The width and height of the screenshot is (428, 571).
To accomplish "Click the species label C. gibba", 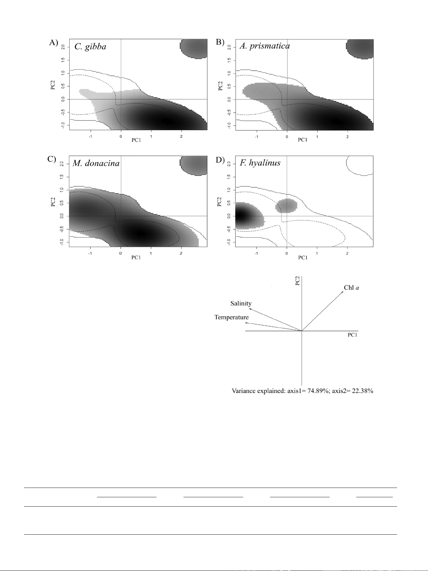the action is tap(90, 46).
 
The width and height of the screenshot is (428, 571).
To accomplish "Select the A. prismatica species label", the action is tap(265, 46).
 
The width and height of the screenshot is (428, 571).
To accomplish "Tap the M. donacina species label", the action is tap(96, 163).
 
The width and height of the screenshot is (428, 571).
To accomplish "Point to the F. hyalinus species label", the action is tap(260, 163).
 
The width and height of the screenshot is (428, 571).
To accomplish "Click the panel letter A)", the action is tap(54, 42).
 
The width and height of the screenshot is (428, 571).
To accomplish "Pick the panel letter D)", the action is tap(220, 159).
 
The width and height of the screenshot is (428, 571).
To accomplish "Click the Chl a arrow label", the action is tap(352, 287).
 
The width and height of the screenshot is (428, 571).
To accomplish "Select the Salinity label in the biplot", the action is tap(241, 303).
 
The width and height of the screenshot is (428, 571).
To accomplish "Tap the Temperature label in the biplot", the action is tap(231, 318).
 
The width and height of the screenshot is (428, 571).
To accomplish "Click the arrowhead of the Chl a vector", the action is tap(343, 292).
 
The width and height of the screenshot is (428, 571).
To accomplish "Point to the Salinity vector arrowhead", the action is tap(250, 309).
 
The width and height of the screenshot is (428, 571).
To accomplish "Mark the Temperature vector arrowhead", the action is tap(246, 323).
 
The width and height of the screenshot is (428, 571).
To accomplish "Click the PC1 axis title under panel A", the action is tap(136, 140).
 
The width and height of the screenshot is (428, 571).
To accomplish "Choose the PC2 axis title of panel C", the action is tap(53, 202).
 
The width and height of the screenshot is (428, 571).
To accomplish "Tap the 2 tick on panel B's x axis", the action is tap(348, 137).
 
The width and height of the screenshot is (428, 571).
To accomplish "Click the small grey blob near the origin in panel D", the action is tap(286, 206).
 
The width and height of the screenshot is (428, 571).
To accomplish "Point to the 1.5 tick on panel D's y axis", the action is tap(229, 177).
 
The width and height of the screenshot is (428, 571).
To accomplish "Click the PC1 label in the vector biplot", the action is tap(353, 335).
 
